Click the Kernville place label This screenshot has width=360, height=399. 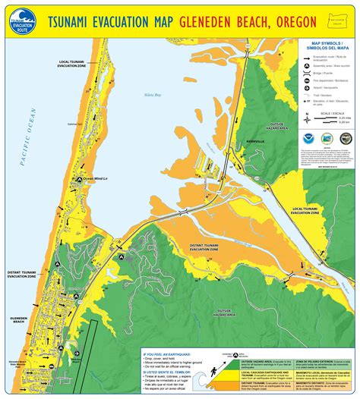(254, 142)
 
